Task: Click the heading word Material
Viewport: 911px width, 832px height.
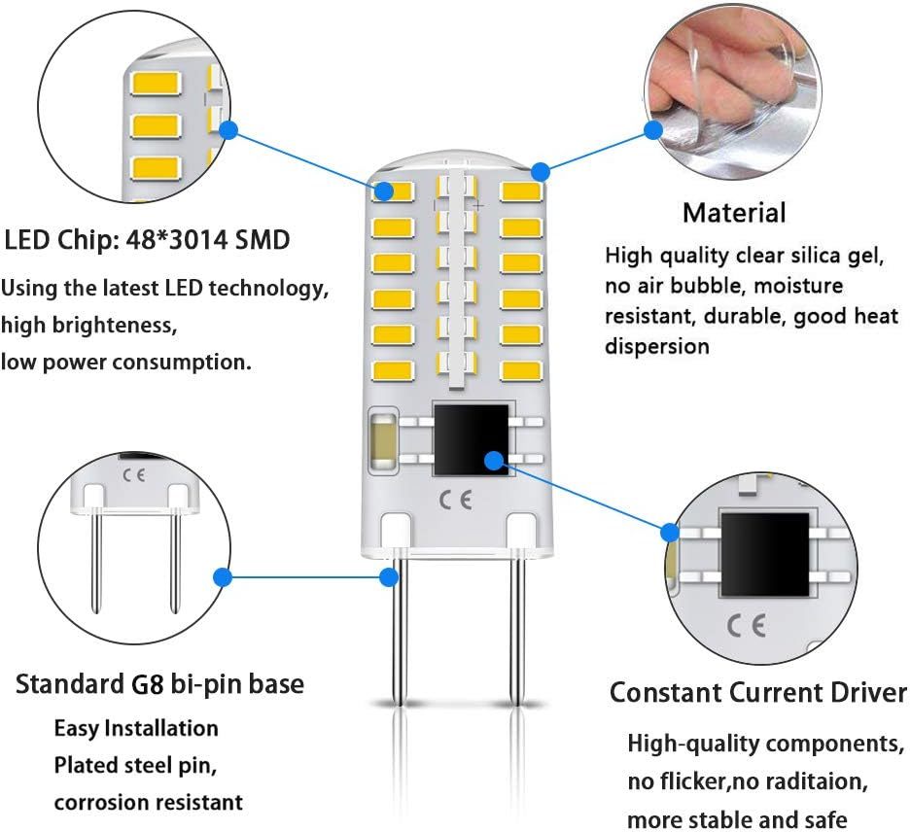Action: coord(733,212)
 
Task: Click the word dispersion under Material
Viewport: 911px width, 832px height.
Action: coord(657,346)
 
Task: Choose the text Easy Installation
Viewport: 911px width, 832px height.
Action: coord(136,728)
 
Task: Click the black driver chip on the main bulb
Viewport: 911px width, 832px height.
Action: coord(471,440)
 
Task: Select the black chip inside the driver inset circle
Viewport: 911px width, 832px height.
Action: coord(764,555)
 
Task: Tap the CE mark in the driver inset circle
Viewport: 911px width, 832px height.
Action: coord(746,625)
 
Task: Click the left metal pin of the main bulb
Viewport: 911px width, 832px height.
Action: coord(398,632)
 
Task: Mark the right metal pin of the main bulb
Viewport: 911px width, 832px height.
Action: coord(517,632)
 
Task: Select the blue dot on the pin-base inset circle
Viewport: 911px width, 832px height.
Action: coord(223,577)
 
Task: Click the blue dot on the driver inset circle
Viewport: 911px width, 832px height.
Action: coord(670,532)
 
